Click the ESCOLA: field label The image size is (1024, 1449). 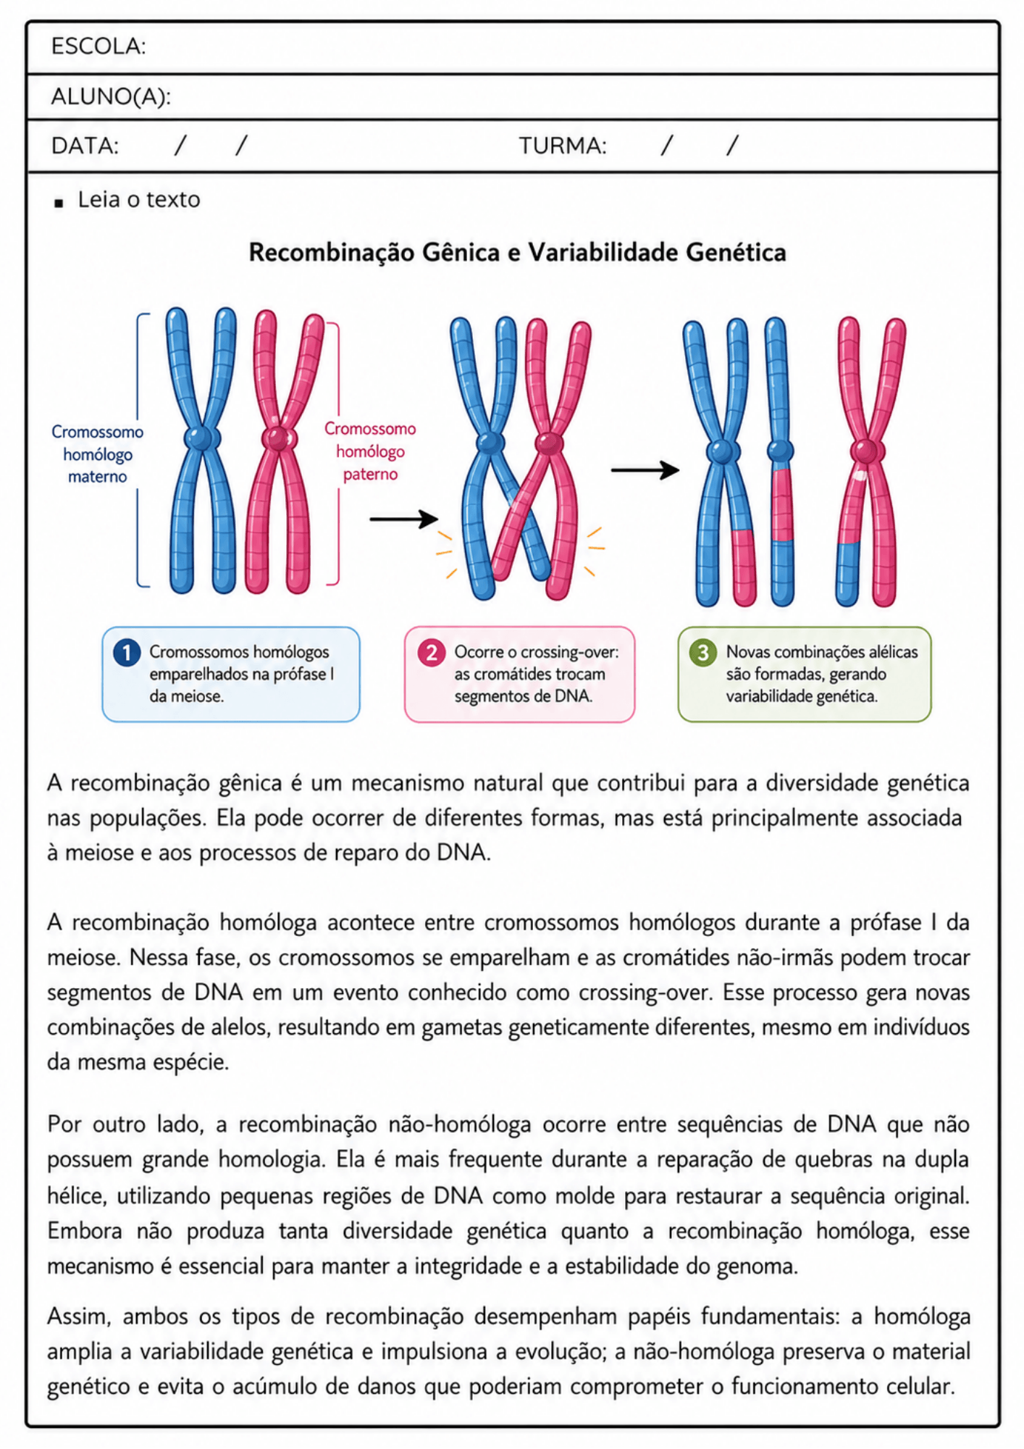coord(98,46)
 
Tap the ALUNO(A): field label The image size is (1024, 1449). coord(111,96)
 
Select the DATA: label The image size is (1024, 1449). coord(85,146)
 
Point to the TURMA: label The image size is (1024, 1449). coord(563,146)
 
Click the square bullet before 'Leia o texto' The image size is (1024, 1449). coord(59,204)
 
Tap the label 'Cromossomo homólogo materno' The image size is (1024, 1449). coord(97,454)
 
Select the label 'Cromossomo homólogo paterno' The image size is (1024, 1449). coord(370,451)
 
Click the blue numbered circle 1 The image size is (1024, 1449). coord(127,653)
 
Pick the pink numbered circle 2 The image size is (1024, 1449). coord(432,653)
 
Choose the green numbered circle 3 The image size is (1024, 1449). coord(702,653)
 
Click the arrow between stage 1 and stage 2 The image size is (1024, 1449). coord(403,519)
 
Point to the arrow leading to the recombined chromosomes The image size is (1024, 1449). coord(645,470)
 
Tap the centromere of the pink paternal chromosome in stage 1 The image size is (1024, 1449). coord(278,438)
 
